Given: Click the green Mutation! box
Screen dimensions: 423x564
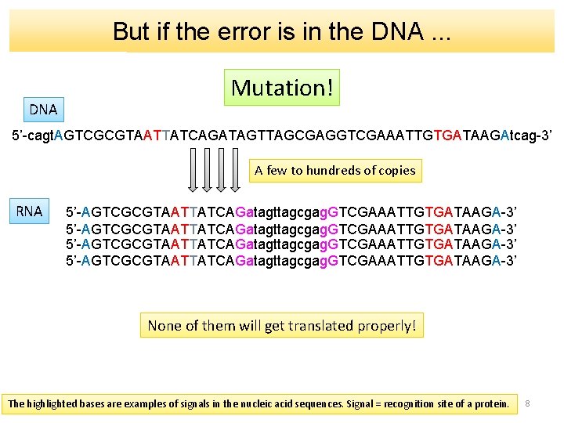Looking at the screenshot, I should (282, 88).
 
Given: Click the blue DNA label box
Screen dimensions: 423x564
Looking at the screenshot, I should (43, 110).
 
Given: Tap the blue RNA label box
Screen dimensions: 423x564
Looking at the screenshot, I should (30, 211).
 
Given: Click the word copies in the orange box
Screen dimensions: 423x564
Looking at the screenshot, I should (396, 171).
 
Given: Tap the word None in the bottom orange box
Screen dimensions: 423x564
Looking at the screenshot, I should (164, 325).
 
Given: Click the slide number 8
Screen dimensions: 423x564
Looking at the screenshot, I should (528, 403).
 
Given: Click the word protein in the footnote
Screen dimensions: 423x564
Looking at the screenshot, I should (491, 404).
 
